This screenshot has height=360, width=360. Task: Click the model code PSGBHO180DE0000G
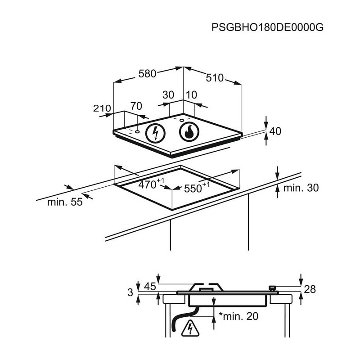pos(267,27)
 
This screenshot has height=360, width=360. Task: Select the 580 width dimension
pos(147,74)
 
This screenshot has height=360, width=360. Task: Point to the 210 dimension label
pos(102,108)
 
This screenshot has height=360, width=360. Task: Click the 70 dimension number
pos(136,106)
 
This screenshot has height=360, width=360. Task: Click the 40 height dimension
pos(274,131)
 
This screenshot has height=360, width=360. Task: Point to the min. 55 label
pos(65,202)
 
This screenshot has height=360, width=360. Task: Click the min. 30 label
pos(301,188)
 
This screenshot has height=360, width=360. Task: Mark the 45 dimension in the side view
pos(150,286)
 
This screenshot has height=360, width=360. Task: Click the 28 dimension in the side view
pos(310,289)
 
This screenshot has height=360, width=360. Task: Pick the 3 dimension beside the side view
pos(130,292)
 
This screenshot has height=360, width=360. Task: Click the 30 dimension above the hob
pos(168,95)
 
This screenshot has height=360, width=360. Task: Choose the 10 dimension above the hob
pos(191,95)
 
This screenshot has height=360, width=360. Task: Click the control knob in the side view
pos(272,288)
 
